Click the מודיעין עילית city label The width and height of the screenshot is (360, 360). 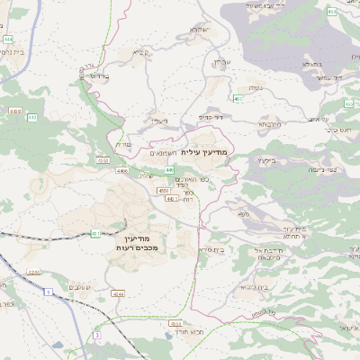click(x=205, y=152)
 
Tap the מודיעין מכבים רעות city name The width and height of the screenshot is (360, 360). click(x=138, y=241)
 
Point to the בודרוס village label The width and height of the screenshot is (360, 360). click(x=99, y=76)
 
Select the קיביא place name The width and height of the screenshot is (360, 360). click(x=140, y=52)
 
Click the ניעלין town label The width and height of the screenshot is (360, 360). click(x=159, y=121)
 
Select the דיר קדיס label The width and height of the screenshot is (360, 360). click(x=211, y=117)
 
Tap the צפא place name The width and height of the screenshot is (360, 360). click(x=242, y=214)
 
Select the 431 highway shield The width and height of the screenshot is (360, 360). click(x=96, y=234)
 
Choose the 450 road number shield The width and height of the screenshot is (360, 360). click(x=163, y=191)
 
